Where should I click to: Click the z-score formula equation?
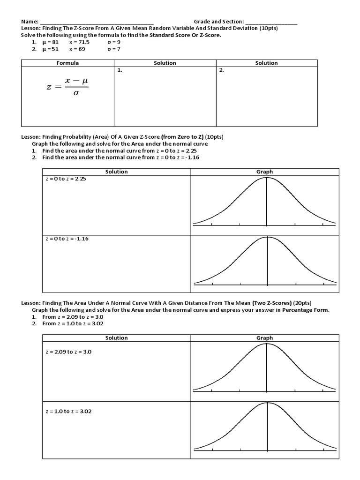(x=67, y=86)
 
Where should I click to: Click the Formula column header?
(x=67, y=63)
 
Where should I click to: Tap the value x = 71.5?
(x=79, y=42)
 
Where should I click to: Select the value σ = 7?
(x=114, y=49)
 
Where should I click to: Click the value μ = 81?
(x=51, y=42)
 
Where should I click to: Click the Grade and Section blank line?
(x=270, y=22)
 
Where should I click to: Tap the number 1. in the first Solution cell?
(x=120, y=70)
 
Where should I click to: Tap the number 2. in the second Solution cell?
(x=221, y=70)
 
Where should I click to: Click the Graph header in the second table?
(x=264, y=172)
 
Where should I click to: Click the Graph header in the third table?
(x=264, y=337)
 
